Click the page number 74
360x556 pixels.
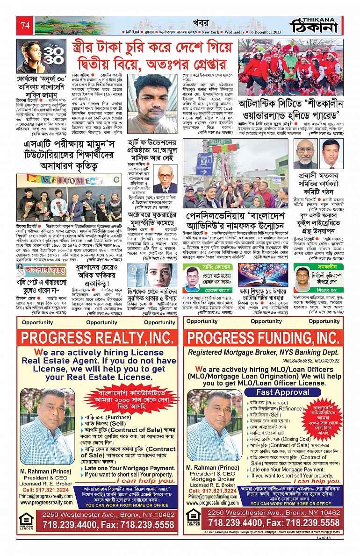24,26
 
